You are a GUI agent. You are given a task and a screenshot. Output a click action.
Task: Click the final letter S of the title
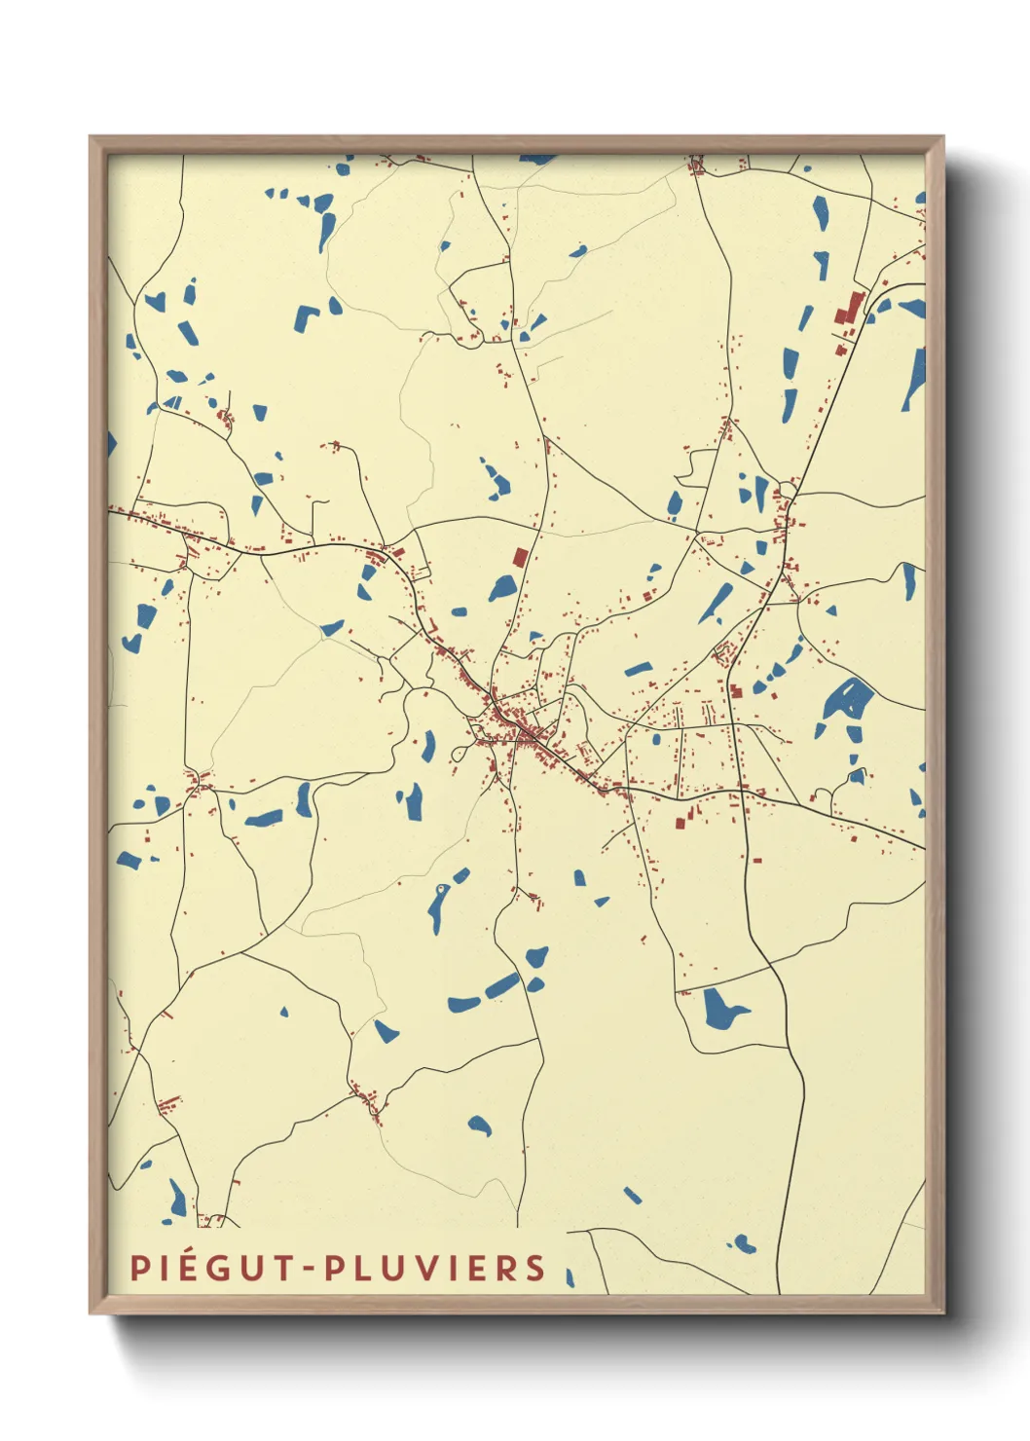534,1268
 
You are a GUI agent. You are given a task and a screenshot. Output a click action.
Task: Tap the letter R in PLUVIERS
505,1268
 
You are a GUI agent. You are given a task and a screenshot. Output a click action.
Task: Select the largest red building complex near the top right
846,311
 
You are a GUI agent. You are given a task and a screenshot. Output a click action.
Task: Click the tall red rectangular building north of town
520,558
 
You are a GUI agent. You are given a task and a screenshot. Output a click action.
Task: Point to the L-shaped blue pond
305,316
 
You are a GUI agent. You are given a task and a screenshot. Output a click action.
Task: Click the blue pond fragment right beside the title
570,1276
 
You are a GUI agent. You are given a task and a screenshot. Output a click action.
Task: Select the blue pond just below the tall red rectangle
502,588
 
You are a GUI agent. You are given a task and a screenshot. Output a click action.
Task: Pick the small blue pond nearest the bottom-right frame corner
743,1243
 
